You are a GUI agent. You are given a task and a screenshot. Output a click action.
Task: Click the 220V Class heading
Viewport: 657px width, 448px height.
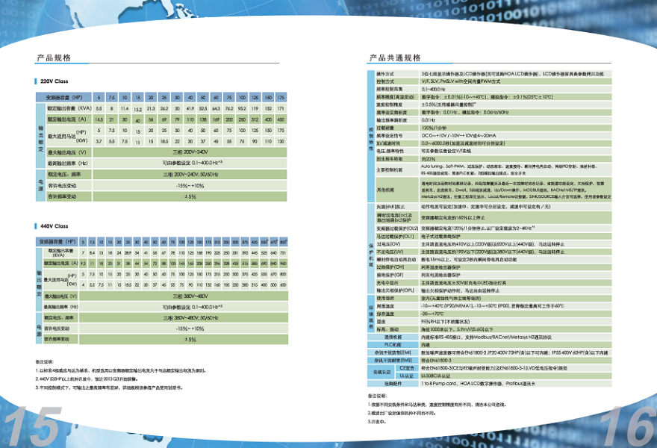[53, 81]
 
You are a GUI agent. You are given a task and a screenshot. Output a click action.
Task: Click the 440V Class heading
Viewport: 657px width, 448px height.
[53, 225]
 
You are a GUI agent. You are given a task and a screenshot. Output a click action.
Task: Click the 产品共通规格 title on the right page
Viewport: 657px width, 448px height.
[395, 57]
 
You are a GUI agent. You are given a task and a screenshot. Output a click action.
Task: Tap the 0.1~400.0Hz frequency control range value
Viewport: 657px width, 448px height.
[437, 89]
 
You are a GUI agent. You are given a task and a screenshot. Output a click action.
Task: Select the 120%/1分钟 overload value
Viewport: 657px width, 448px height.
[434, 128]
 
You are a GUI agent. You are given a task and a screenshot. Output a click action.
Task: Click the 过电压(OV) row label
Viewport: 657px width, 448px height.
[389, 243]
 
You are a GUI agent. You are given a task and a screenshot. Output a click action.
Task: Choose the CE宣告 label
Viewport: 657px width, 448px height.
[406, 368]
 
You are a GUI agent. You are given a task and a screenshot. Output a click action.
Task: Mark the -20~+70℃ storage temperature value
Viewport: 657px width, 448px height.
[436, 314]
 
